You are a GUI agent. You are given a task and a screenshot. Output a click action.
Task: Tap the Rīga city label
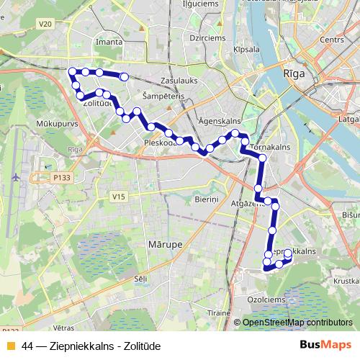tap(295, 73)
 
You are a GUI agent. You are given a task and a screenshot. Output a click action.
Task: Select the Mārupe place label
tap(166, 245)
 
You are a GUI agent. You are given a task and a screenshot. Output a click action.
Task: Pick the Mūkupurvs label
tap(53, 124)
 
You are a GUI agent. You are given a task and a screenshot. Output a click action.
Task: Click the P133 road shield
tap(62, 176)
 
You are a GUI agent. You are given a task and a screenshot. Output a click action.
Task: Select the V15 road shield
tap(119, 197)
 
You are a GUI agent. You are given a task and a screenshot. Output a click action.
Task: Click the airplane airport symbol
tap(15, 176)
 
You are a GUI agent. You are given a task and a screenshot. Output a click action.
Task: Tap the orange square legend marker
tap(10, 345)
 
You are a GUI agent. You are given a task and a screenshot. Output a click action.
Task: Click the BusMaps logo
tap(325, 345)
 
